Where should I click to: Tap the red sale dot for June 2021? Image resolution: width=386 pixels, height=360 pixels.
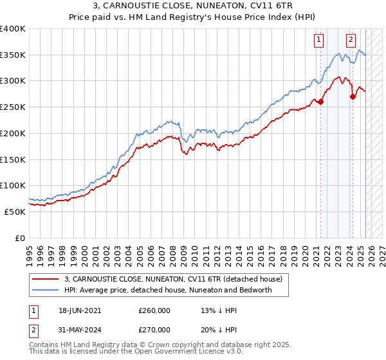point(320,102)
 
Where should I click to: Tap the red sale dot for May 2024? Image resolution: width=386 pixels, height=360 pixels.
point(353,96)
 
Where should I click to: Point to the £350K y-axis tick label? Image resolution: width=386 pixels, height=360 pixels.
point(12,55)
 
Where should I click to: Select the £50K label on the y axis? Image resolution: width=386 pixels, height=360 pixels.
point(15,212)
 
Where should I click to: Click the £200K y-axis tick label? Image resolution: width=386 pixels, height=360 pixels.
point(12,133)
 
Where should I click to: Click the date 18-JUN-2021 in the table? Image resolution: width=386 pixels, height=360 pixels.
point(80,310)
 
